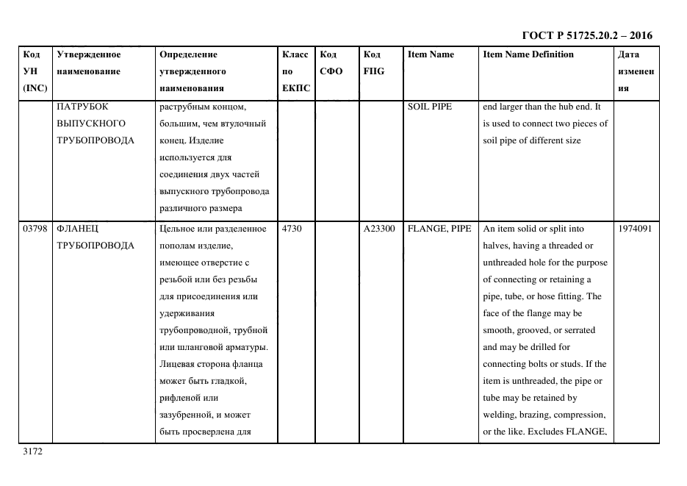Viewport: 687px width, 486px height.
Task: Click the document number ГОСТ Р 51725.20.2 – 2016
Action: coord(586,35)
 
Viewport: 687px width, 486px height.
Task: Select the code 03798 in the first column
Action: coord(35,229)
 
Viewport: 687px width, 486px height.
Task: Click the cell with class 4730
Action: coord(291,229)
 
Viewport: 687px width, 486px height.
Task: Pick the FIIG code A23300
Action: coord(378,229)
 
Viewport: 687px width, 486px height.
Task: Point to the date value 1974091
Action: coord(635,229)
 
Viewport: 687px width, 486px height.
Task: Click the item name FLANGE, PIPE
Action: coord(439,229)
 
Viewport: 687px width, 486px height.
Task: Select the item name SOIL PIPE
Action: coord(429,107)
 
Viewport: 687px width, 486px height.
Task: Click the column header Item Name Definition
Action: coord(528,54)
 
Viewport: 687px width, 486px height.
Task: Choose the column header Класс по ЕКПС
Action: coord(295,71)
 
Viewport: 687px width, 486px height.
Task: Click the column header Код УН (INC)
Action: coord(35,71)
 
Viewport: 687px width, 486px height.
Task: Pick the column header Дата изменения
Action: coord(635,71)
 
